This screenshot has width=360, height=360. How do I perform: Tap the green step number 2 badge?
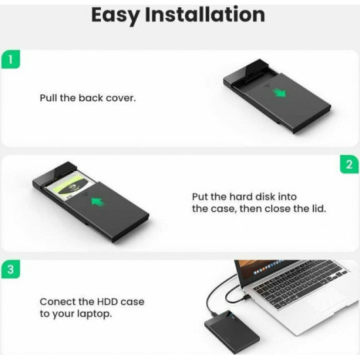pyautogui.click(x=349, y=164)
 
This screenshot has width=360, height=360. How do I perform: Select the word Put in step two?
pyautogui.click(x=200, y=196)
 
